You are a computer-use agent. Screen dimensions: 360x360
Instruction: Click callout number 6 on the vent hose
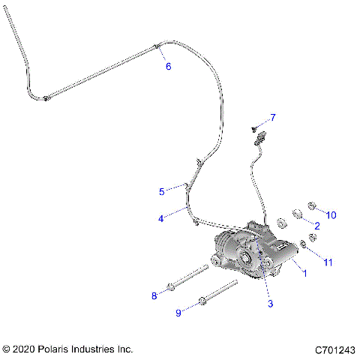click(x=168, y=66)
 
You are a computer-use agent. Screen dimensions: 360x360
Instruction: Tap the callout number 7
click(x=273, y=117)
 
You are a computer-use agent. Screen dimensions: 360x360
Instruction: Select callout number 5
click(x=161, y=191)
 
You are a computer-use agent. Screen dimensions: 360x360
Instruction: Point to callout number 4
click(x=160, y=219)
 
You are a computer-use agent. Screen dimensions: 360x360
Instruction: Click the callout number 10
click(x=331, y=215)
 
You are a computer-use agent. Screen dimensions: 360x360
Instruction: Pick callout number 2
click(x=317, y=225)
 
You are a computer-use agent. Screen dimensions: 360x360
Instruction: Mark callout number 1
click(x=304, y=274)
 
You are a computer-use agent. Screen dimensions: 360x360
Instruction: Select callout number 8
click(x=154, y=295)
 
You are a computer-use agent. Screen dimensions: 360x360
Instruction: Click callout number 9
click(x=178, y=313)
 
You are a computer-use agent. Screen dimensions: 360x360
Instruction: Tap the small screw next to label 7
click(x=256, y=126)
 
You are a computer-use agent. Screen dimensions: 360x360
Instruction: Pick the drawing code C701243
click(x=334, y=349)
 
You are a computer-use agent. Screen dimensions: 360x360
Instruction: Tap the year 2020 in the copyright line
click(x=25, y=349)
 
